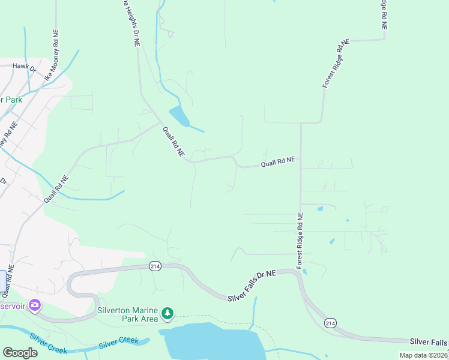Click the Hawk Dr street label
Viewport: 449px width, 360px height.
point(25,69)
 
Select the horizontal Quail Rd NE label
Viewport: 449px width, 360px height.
point(277,162)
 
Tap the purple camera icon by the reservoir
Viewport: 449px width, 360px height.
point(35,305)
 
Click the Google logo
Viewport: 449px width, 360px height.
point(20,352)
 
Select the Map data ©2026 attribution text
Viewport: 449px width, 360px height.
point(423,355)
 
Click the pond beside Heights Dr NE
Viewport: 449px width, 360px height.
point(179,115)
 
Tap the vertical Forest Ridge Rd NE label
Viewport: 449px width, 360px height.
point(300,240)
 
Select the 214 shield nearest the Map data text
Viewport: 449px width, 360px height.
point(330,323)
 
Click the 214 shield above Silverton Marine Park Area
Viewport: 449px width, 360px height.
point(155,266)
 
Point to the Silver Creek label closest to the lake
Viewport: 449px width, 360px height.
point(118,342)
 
